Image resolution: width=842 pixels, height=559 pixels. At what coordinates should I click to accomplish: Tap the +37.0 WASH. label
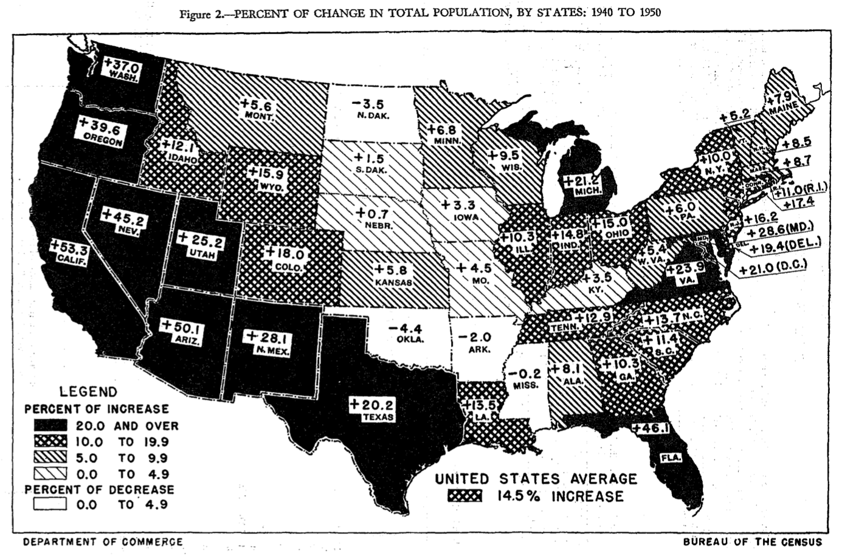(122, 69)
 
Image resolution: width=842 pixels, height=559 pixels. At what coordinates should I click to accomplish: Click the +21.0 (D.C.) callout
(772, 266)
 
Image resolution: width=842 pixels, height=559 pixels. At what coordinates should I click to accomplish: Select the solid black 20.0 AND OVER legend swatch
(50, 426)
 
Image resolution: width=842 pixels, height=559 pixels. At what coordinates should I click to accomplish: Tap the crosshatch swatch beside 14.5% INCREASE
(464, 496)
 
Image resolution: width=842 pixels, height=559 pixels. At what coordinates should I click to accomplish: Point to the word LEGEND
(88, 392)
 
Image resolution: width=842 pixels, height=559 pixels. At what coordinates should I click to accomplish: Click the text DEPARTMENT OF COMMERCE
(103, 542)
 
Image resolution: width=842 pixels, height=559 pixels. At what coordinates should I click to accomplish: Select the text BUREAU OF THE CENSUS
(752, 542)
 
